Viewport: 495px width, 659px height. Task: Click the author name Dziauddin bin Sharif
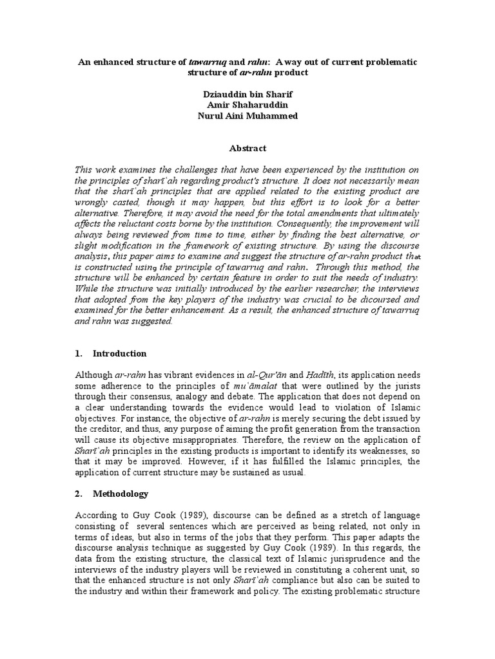pos(247,95)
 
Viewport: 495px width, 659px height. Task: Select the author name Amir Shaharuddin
pos(247,106)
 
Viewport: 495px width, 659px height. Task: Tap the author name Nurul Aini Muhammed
pos(247,117)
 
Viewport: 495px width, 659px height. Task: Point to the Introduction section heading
pos(120,353)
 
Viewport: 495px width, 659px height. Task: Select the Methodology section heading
pos(121,494)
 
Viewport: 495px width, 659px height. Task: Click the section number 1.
pos(79,353)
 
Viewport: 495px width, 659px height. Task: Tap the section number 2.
pos(79,494)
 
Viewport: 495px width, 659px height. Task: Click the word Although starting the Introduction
pos(95,375)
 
